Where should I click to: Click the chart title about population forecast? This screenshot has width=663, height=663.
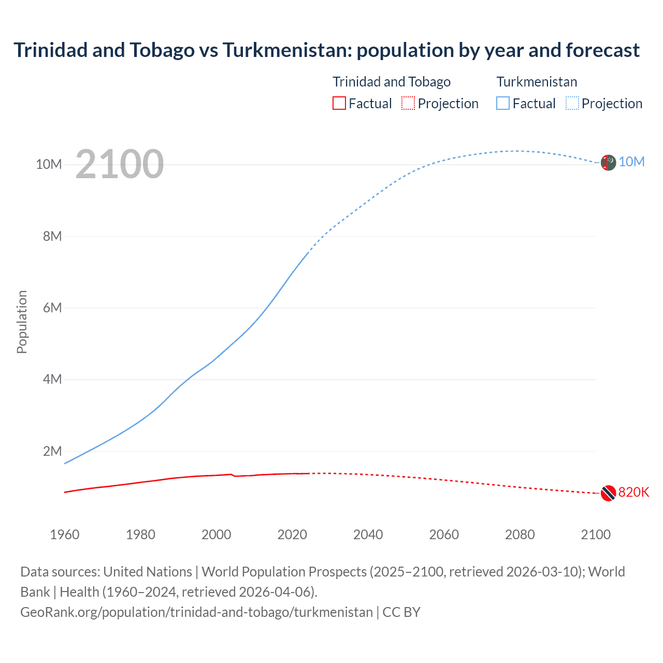click(326, 50)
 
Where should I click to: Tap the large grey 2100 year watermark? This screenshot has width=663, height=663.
click(120, 164)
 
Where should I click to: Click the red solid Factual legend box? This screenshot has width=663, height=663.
click(339, 103)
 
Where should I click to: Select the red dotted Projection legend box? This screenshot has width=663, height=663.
click(408, 103)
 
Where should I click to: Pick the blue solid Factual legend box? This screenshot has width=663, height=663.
click(502, 103)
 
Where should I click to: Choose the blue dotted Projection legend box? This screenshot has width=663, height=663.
click(572, 103)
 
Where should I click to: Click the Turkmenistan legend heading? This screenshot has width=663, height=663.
click(537, 82)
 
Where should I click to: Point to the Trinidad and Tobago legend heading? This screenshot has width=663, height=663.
click(391, 82)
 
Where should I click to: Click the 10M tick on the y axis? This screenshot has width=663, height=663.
click(49, 165)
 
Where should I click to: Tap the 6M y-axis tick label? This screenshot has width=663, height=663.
click(52, 308)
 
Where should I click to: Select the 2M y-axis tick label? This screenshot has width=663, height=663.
click(52, 451)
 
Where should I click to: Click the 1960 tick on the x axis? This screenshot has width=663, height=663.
click(65, 535)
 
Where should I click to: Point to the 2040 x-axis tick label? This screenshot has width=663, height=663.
click(368, 535)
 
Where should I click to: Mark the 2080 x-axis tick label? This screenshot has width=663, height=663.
click(520, 535)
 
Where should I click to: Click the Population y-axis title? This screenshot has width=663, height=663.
click(22, 322)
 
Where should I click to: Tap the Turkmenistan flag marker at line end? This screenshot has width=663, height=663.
click(608, 163)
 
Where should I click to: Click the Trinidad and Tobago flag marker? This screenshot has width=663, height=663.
click(608, 493)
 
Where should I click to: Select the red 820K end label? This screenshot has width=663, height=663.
click(633, 492)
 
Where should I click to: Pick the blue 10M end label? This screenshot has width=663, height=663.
click(631, 162)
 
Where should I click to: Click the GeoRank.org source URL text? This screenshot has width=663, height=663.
click(196, 612)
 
